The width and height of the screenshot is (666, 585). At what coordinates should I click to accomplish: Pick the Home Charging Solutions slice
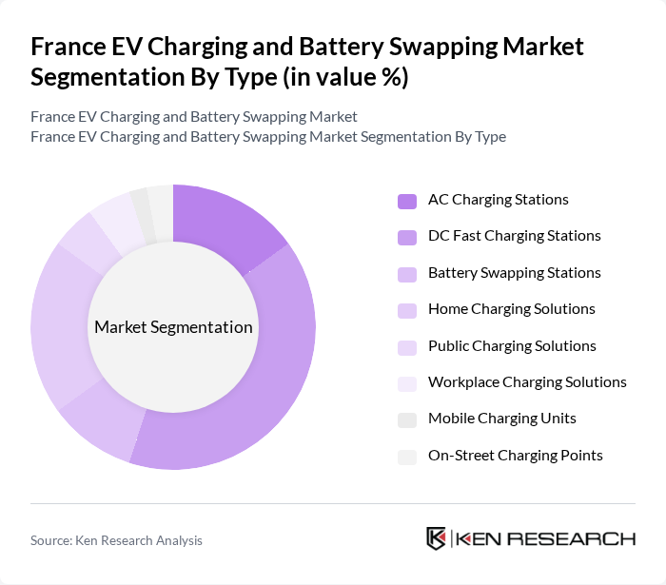(x=59, y=323)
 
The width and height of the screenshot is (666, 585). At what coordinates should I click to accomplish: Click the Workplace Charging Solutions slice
(x=116, y=214)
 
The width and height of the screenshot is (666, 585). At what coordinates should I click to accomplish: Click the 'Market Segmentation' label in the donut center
(x=173, y=327)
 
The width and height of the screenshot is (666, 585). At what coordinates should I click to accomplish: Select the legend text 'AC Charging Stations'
(x=498, y=200)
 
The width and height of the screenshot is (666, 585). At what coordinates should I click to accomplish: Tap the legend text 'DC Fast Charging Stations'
(x=514, y=236)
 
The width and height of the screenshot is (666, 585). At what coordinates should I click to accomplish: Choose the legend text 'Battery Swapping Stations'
(x=514, y=273)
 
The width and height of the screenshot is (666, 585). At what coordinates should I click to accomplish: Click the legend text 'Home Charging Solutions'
(x=511, y=309)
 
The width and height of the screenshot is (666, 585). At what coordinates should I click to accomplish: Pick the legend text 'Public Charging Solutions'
(x=512, y=346)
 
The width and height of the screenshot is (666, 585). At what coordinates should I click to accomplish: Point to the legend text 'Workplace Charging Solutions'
(x=527, y=382)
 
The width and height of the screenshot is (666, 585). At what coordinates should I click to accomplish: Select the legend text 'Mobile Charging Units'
(x=501, y=419)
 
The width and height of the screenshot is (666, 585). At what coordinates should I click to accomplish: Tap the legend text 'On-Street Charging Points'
(x=515, y=456)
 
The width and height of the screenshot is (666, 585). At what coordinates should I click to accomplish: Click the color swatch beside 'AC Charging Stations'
(x=406, y=201)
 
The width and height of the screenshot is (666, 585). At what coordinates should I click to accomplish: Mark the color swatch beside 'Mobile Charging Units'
(x=406, y=419)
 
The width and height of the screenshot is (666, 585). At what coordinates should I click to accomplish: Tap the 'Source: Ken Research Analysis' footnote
(x=116, y=540)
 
